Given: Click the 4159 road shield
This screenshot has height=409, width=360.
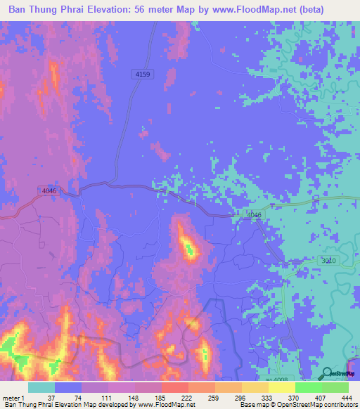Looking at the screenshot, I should [x=141, y=73].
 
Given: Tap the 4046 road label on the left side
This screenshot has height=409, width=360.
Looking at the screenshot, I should [x=49, y=190].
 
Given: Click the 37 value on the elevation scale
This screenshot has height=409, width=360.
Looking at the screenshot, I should [x=51, y=397].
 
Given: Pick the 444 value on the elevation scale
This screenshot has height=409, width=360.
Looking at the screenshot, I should [x=345, y=397].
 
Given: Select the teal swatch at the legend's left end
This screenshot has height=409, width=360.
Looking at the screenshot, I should [x=41, y=387].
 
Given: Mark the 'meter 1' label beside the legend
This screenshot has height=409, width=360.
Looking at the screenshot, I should [x=13, y=397].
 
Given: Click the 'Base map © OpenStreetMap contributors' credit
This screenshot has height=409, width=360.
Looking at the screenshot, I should [x=296, y=405].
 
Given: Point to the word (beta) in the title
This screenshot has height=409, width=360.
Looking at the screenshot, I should [x=338, y=9].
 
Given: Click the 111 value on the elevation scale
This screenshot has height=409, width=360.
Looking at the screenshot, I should [x=104, y=397].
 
